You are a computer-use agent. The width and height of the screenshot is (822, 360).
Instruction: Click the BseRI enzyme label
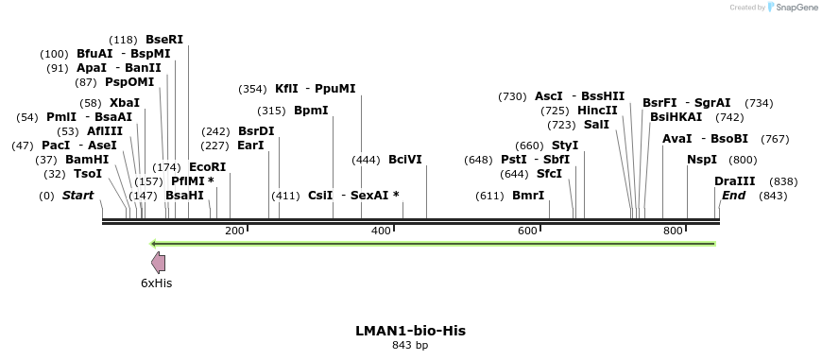point(164,40)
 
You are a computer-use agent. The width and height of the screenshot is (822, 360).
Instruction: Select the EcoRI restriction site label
point(208,166)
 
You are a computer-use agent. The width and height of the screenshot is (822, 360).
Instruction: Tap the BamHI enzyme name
point(87,160)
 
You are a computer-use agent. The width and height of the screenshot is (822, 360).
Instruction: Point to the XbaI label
point(125,102)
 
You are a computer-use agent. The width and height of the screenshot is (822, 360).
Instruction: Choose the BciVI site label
point(405,160)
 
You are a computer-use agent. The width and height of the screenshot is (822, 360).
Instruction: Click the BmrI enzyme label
point(528,196)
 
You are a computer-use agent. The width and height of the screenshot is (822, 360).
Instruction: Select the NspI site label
point(702,160)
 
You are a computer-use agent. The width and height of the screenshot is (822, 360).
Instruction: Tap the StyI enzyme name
point(565,146)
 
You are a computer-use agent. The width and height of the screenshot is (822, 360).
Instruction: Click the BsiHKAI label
point(676,116)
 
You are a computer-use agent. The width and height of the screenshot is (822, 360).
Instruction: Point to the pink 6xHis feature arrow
point(159,264)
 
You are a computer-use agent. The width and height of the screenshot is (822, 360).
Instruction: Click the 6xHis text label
point(157,283)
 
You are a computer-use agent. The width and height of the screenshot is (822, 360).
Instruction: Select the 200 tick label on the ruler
point(235,231)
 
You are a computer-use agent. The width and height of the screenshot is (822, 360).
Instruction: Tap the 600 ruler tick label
point(527,231)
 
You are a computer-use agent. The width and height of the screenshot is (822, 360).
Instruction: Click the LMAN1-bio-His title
point(410,331)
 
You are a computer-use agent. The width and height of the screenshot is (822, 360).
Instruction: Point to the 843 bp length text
point(410,346)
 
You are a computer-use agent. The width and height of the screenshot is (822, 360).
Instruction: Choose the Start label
point(78,196)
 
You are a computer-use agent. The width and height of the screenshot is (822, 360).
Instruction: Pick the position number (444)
point(366,160)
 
